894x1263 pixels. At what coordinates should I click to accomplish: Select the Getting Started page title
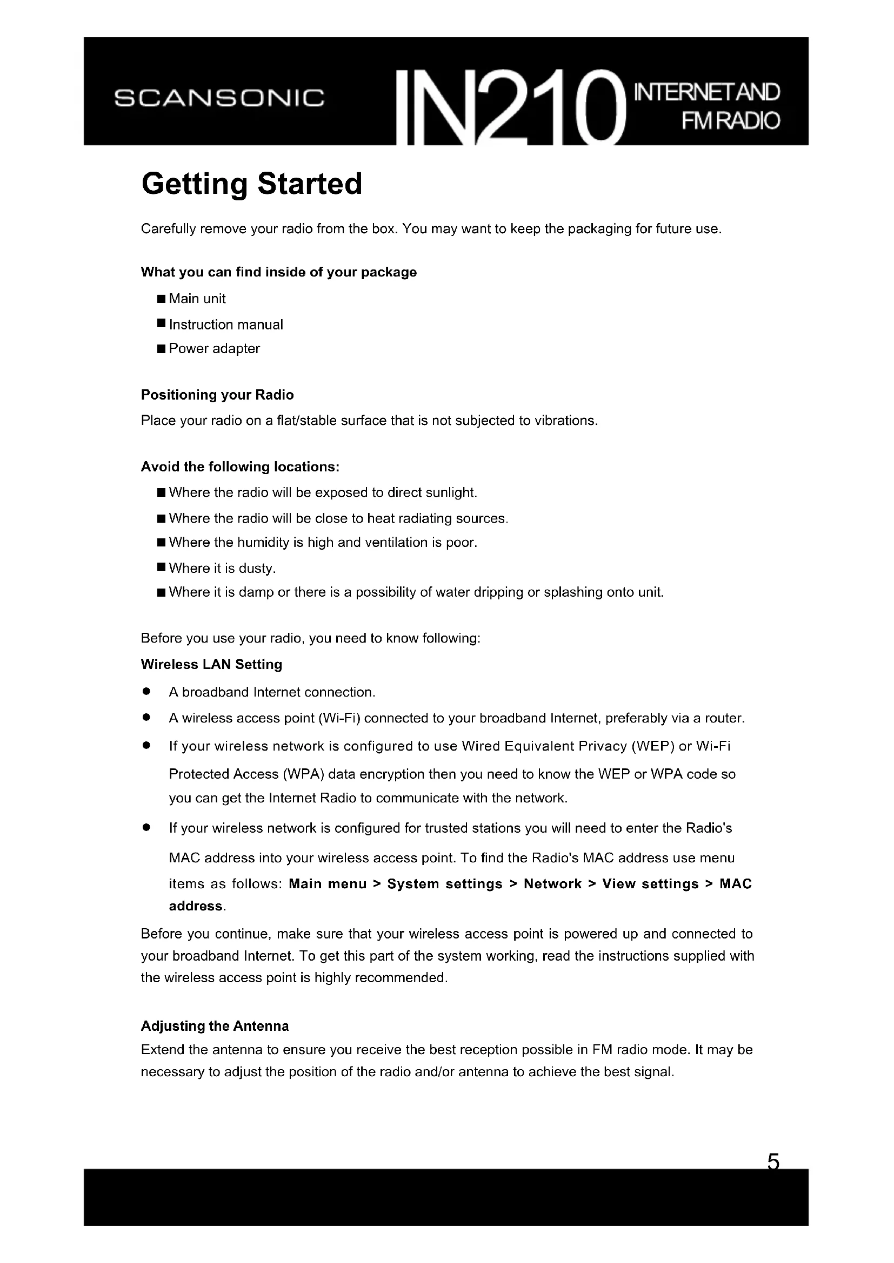(251, 184)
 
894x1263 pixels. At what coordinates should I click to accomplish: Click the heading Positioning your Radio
(217, 395)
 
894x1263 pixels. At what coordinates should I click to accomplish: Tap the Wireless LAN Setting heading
(211, 665)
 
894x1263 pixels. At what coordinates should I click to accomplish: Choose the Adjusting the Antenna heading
(215, 1026)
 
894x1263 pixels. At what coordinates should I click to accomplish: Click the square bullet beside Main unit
(161, 299)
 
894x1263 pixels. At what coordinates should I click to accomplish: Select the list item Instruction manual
(226, 325)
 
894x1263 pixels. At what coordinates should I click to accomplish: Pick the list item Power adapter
(214, 349)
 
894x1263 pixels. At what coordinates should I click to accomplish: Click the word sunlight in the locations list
(453, 492)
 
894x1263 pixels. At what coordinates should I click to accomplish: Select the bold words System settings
(445, 884)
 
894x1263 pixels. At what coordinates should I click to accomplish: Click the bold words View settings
(650, 884)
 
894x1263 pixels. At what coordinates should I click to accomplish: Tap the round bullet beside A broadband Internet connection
(146, 692)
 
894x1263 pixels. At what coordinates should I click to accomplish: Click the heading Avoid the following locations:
(240, 467)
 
